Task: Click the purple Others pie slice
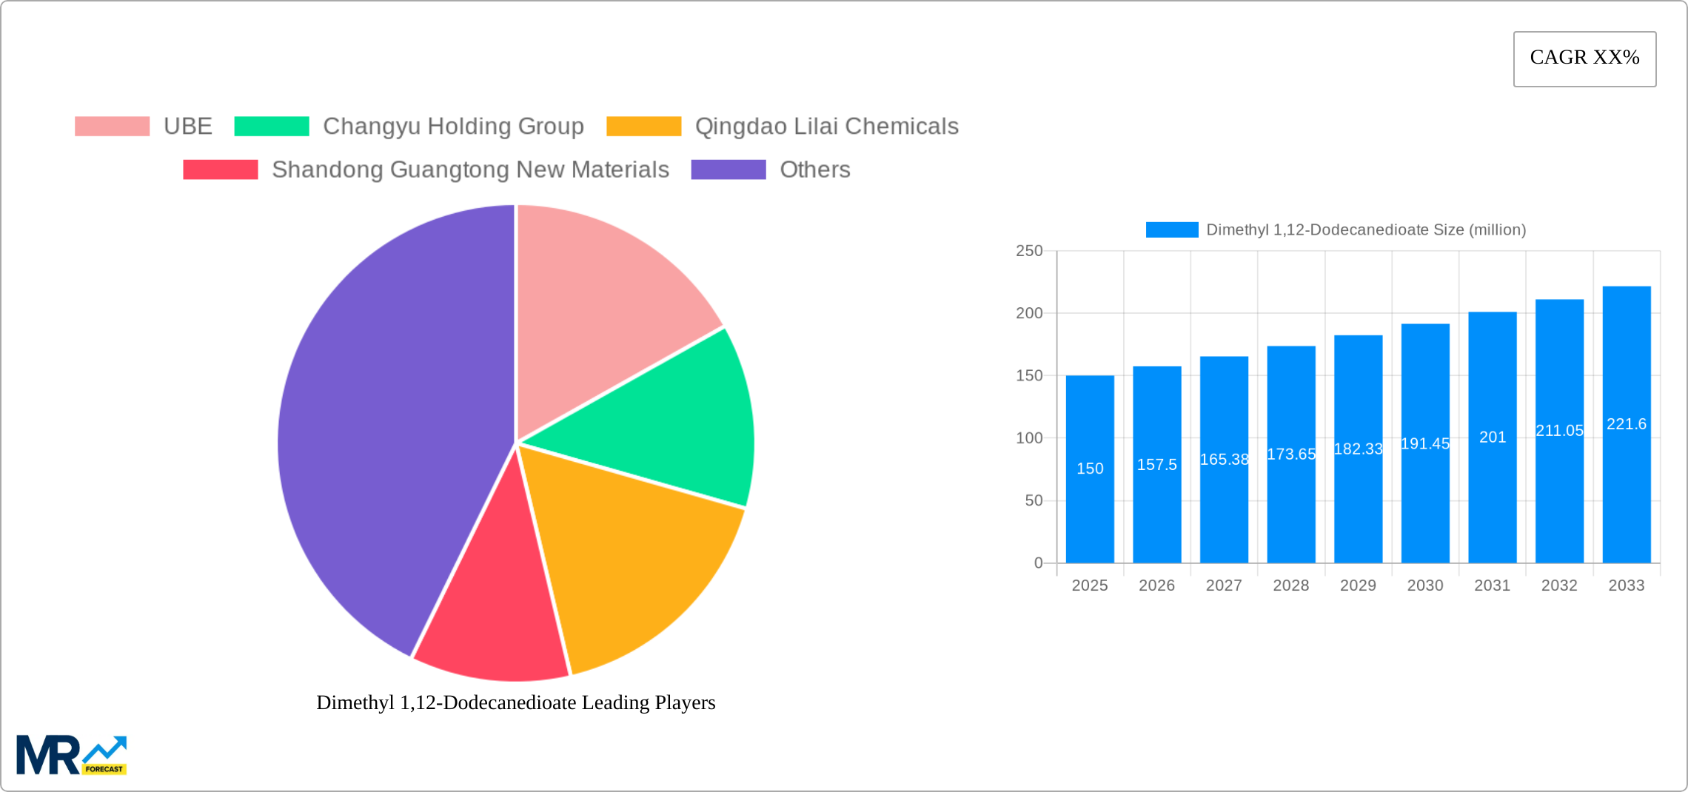click(x=385, y=429)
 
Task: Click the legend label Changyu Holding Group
click(x=453, y=127)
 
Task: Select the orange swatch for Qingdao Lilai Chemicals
click(x=643, y=127)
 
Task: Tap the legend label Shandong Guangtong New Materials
click(x=470, y=170)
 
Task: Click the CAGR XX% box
click(x=1584, y=58)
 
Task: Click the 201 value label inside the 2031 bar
click(x=1493, y=437)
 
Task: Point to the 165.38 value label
click(x=1224, y=460)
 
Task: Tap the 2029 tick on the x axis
click(x=1358, y=585)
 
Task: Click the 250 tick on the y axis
click(x=1029, y=251)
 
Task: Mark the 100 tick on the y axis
click(x=1029, y=438)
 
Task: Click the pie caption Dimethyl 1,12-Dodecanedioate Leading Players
click(x=515, y=702)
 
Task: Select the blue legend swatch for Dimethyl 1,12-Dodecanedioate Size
click(x=1171, y=230)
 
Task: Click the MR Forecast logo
click(x=72, y=755)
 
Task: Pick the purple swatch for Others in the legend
click(x=728, y=170)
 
